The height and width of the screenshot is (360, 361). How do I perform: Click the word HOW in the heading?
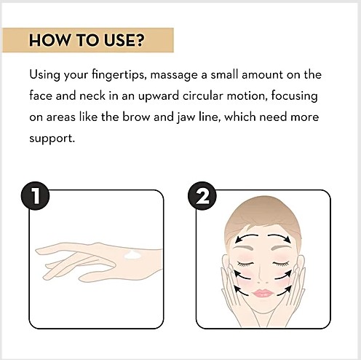pyautogui.click(x=49, y=40)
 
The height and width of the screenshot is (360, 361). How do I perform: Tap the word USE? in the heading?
pyautogui.click(x=124, y=40)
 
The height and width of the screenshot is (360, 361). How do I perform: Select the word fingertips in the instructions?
pyautogui.click(x=119, y=75)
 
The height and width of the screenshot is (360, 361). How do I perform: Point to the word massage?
pyautogui.click(x=174, y=75)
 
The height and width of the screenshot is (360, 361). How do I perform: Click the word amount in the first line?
pyautogui.click(x=262, y=74)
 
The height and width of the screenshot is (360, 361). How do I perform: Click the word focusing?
pyautogui.click(x=294, y=96)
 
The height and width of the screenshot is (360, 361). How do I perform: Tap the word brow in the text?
pyautogui.click(x=136, y=117)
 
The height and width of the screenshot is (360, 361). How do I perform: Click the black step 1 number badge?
pyautogui.click(x=35, y=196)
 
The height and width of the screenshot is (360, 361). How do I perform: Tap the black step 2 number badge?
pyautogui.click(x=202, y=196)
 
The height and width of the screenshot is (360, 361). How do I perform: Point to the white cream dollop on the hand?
pyautogui.click(x=133, y=255)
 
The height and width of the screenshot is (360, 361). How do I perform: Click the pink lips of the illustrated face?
pyautogui.click(x=263, y=293)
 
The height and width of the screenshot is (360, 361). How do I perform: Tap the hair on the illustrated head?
pyautogui.click(x=263, y=214)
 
